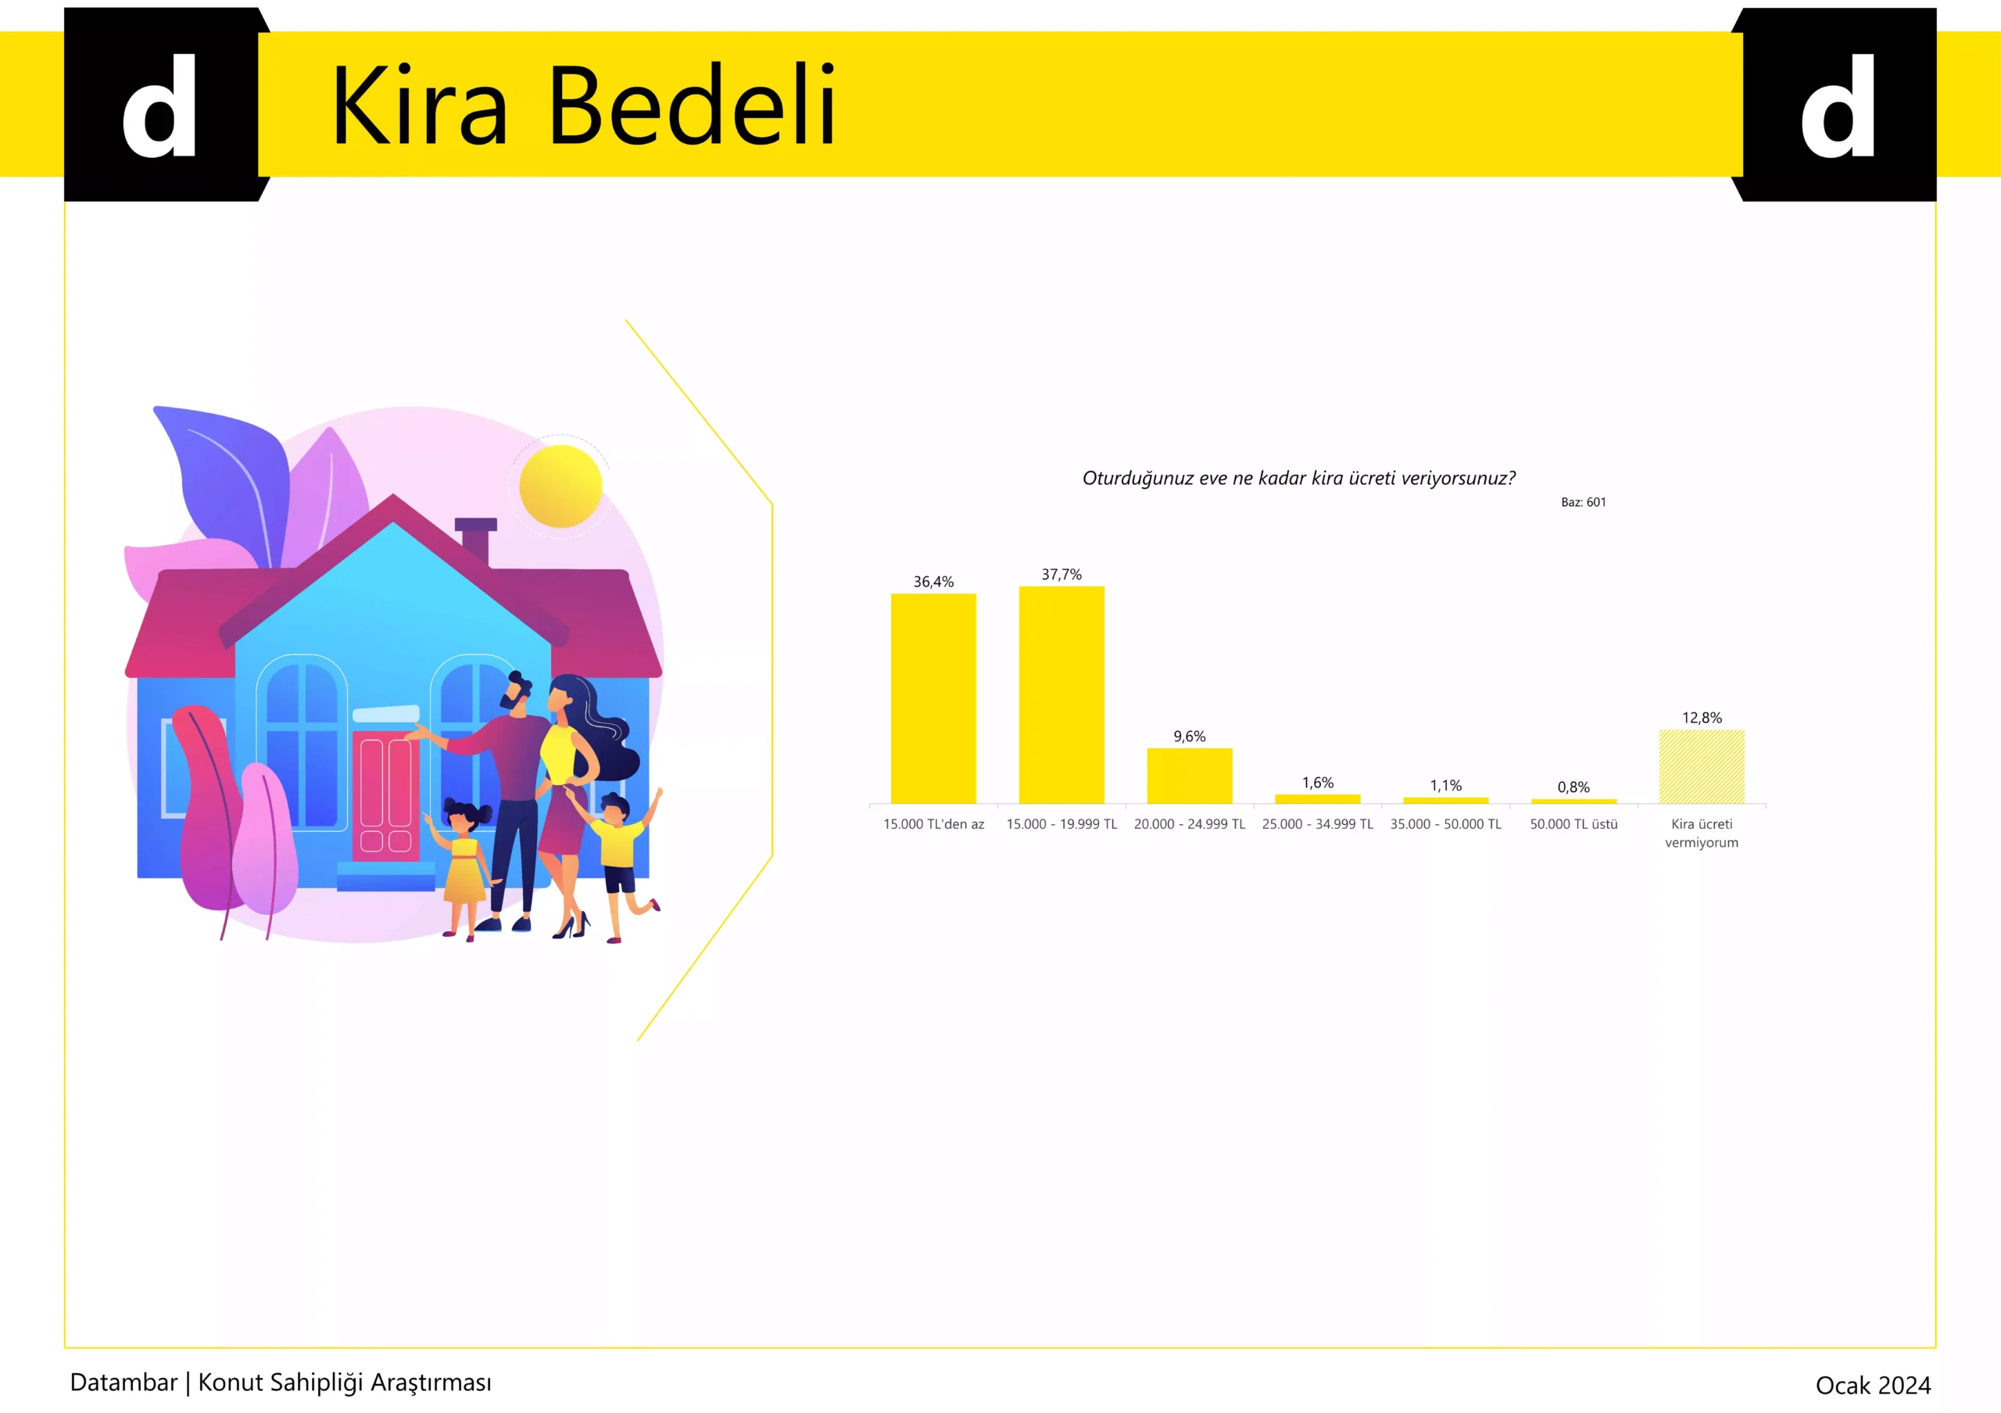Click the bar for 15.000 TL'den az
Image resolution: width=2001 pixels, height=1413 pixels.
[x=932, y=698]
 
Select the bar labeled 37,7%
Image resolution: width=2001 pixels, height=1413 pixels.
[x=1061, y=694]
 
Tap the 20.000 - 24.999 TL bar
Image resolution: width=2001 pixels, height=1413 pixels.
[x=1190, y=776]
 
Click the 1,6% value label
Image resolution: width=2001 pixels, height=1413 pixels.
[x=1318, y=783]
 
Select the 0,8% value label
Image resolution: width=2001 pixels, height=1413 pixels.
[x=1573, y=787]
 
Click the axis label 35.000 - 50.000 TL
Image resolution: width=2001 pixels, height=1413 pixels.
[x=1446, y=823]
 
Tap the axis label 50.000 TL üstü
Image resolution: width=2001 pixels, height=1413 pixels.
[x=1573, y=823]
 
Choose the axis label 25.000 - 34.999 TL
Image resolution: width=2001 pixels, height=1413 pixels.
[x=1318, y=823]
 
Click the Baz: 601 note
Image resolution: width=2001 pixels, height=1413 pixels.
[x=1583, y=502]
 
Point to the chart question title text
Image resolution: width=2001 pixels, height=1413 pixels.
[x=1298, y=478]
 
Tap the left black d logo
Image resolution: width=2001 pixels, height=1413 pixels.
[x=161, y=105]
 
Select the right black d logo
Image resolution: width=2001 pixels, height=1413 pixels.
[x=1834, y=105]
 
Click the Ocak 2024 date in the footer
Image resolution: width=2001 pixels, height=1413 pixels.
[x=1873, y=1385]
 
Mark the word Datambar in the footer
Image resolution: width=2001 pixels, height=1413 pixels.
[x=123, y=1383]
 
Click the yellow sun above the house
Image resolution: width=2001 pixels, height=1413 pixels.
[x=560, y=486]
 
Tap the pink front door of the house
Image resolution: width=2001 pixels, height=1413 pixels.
[x=385, y=795]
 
